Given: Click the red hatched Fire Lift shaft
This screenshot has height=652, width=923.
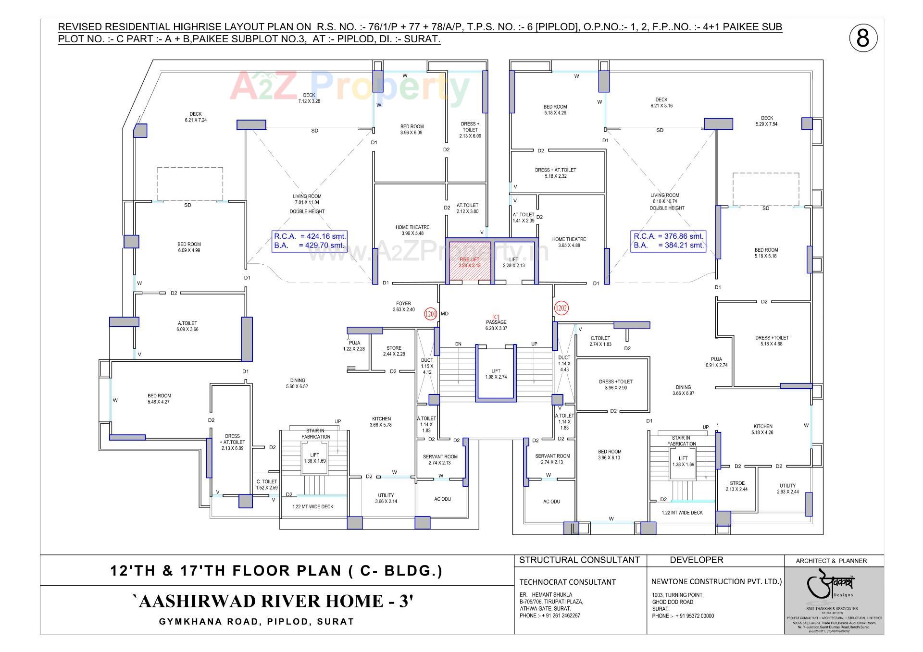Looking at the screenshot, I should [469, 262].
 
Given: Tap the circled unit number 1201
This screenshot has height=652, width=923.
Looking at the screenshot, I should [430, 314].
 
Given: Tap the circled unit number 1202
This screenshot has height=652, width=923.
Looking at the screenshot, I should [561, 308].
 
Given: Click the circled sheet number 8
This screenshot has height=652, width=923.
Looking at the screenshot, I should [863, 38].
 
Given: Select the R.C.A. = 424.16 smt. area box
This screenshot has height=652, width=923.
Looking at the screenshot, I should [309, 241].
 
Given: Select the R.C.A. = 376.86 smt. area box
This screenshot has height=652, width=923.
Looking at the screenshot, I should [668, 241].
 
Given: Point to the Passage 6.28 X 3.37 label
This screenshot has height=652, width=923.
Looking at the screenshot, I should [496, 325].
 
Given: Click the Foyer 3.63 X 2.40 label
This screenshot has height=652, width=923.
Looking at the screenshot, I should [403, 307].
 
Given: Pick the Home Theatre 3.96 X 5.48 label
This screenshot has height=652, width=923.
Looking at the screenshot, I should [412, 230].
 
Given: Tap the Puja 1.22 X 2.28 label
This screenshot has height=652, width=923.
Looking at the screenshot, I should [354, 345].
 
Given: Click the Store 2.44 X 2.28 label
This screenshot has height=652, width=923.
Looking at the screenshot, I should [394, 351].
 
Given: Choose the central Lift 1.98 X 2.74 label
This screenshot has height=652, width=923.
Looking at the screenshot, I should [496, 374].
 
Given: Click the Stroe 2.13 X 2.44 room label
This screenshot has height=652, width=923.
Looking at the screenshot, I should [737, 486].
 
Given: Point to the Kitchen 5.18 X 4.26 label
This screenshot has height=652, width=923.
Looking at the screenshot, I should [763, 429].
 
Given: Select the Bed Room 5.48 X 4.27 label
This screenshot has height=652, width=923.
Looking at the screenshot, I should [159, 399].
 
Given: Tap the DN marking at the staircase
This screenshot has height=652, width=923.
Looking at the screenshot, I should [458, 344].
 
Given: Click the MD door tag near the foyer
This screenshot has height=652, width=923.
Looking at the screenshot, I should [445, 314].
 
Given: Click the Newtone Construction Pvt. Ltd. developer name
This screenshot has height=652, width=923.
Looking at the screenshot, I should [716, 581].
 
